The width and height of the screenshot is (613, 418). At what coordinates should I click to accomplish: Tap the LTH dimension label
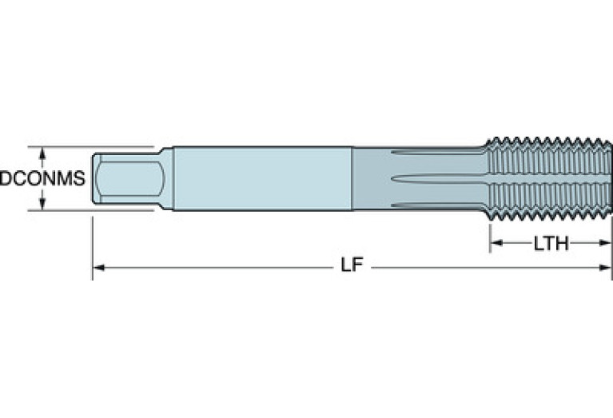551,244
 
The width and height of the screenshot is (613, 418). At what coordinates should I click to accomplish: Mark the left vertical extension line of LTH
490,236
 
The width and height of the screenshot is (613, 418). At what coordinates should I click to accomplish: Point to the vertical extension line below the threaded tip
611,248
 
